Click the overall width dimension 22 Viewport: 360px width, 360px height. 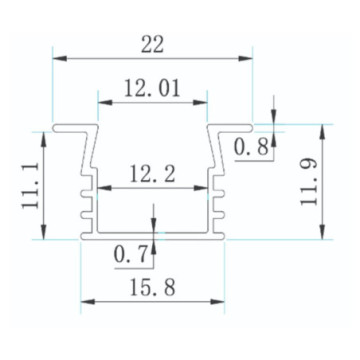pos(152,43)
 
